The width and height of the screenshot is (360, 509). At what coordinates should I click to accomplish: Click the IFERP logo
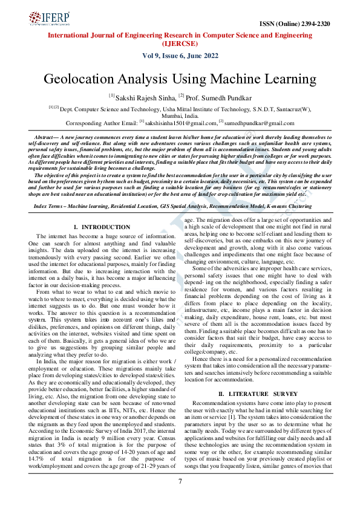click(48, 20)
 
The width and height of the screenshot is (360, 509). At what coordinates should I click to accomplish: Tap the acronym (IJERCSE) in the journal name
click(180, 44)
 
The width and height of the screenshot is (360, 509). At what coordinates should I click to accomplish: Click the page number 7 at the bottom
click(180, 481)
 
